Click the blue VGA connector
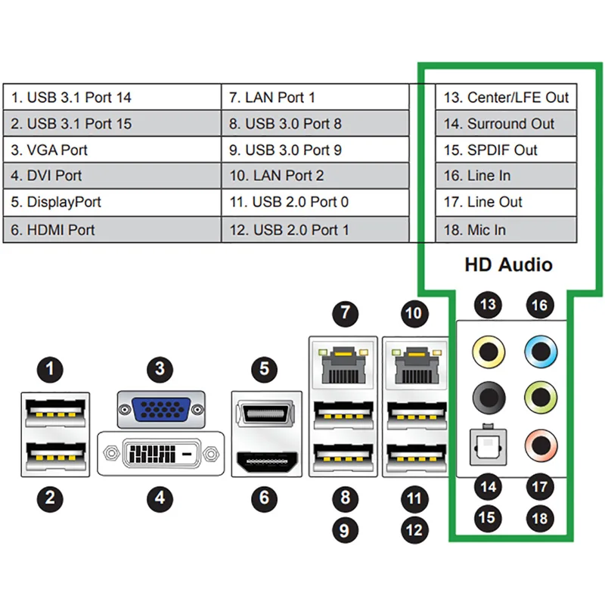click(x=161, y=409)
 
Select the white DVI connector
click(x=161, y=453)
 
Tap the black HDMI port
click(x=267, y=461)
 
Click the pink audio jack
click(x=541, y=445)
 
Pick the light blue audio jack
click(x=541, y=352)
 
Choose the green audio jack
click(x=541, y=398)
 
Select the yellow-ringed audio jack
click(x=489, y=352)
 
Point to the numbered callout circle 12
click(x=414, y=531)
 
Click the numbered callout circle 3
click(x=160, y=369)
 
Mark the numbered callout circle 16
click(x=540, y=306)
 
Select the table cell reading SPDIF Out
click(x=506, y=150)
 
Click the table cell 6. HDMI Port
click(x=112, y=230)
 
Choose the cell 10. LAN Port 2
click(x=315, y=176)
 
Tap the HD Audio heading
click(x=508, y=265)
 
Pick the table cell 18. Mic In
click(x=506, y=230)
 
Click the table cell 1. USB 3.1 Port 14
click(x=112, y=98)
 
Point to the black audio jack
click(x=489, y=398)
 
